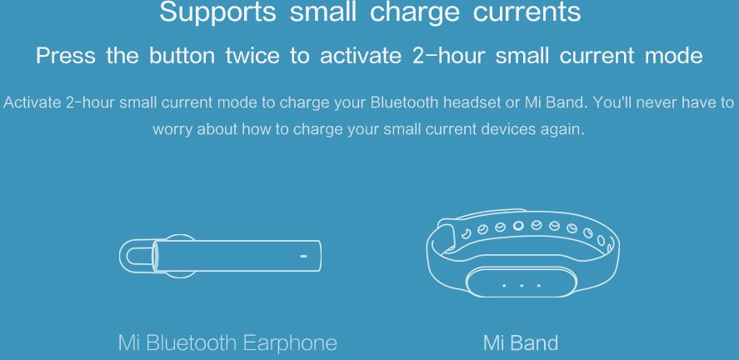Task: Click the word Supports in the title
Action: pyautogui.click(x=217, y=12)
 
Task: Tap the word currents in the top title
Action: pyautogui.click(x=527, y=12)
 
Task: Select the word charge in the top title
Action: pyautogui.click(x=414, y=13)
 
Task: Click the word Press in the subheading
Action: pyautogui.click(x=65, y=56)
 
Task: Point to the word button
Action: pyautogui.click(x=182, y=56)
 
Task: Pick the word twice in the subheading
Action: pyautogui.click(x=252, y=56)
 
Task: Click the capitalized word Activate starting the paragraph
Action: pyautogui.click(x=32, y=102)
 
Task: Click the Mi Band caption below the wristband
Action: pyautogui.click(x=521, y=342)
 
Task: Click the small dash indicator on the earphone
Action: pyautogui.click(x=303, y=257)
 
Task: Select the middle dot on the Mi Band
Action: pyautogui.click(x=522, y=286)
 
